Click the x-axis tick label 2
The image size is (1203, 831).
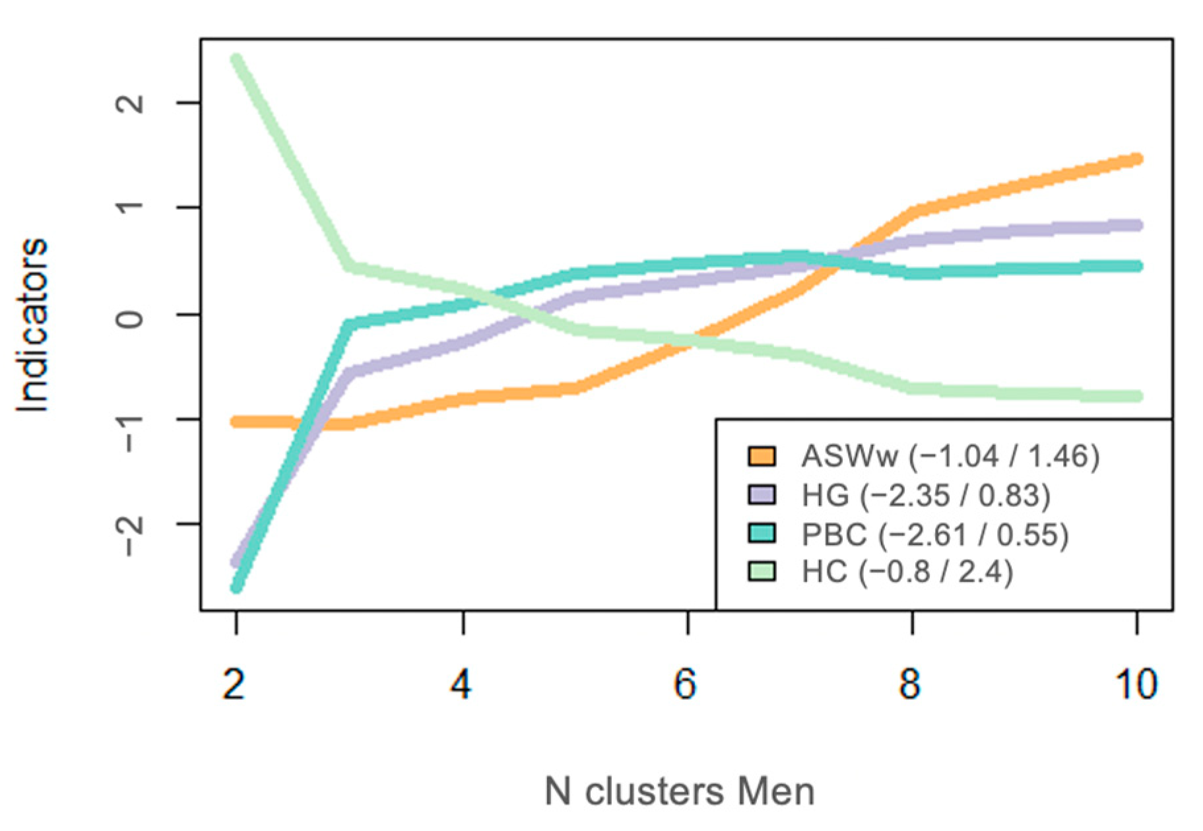coord(235,684)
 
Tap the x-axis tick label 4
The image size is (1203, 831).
coord(461,684)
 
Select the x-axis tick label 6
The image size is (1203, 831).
coord(686,684)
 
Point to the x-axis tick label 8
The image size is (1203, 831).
coord(911,684)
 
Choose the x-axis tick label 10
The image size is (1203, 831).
coord(1136,684)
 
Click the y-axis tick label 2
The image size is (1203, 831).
coord(131,103)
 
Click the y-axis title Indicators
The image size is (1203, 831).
coord(33,325)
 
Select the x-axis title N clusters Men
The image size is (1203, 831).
coord(680,791)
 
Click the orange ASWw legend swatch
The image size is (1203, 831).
coord(762,456)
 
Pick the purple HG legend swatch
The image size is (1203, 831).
coord(762,494)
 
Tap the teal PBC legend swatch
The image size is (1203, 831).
coord(762,533)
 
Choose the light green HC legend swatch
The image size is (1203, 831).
coord(762,572)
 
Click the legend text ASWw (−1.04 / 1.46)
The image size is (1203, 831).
coord(950,456)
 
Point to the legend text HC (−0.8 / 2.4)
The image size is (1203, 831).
coord(907,572)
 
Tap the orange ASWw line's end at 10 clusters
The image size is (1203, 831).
coord(1136,159)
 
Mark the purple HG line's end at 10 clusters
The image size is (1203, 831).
coord(1136,225)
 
